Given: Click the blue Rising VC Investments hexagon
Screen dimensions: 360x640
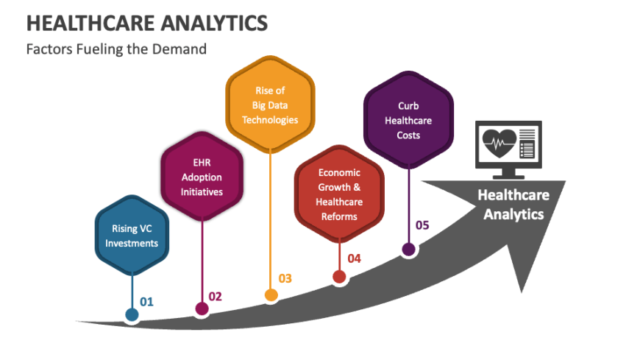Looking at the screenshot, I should tap(132, 235).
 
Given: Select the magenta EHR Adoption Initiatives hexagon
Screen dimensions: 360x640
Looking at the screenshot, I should tap(202, 177).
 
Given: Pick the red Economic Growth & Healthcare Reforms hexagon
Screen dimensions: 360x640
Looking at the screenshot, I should tap(339, 194).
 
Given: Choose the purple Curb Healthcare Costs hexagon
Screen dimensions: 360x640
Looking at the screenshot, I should tap(408, 121).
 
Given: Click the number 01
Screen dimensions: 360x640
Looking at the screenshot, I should tap(146, 302).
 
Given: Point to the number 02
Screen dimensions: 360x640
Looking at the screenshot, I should tap(215, 296).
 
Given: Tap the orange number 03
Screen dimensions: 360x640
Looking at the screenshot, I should tap(285, 278).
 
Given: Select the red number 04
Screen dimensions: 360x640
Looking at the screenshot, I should tap(354, 258).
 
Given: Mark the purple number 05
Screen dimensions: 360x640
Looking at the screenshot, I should tap(422, 225).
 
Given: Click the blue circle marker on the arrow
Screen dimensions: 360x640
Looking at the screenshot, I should tap(132, 315).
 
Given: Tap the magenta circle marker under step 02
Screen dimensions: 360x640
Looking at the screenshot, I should tap(201, 308).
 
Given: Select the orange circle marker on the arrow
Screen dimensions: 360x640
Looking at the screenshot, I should tap(271, 295).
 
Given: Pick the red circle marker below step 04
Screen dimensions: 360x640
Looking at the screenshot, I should tap(339, 277).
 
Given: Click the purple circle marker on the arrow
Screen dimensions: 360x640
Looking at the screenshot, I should tap(408, 250).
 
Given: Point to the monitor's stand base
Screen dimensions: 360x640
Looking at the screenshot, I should tap(509, 177).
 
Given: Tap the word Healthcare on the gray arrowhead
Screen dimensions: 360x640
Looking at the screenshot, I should tap(513, 195).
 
